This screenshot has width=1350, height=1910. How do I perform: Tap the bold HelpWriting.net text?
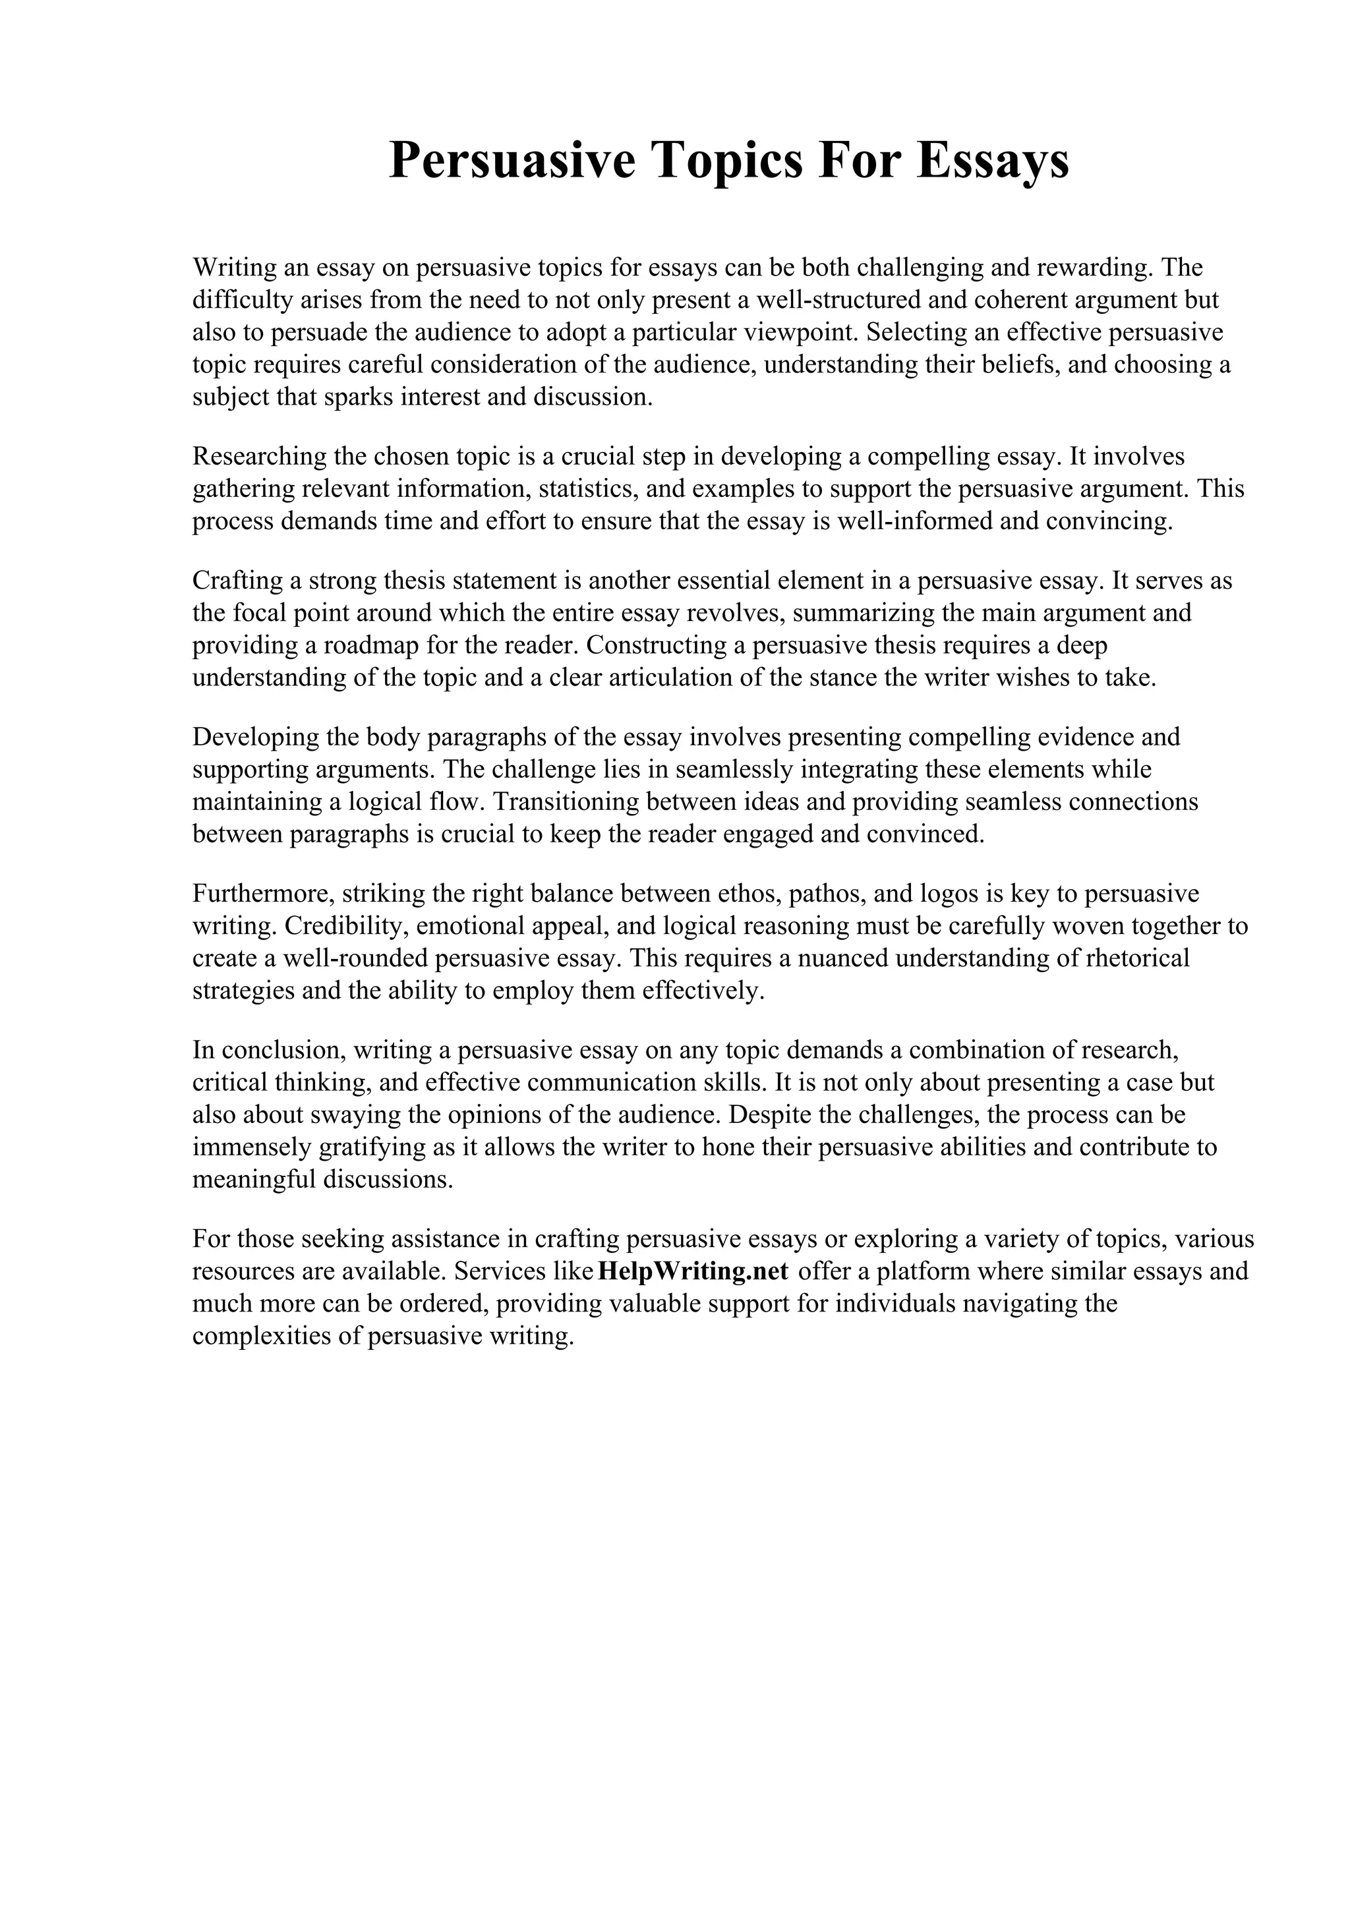click(693, 1271)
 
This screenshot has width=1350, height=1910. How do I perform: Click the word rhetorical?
click(1137, 958)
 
